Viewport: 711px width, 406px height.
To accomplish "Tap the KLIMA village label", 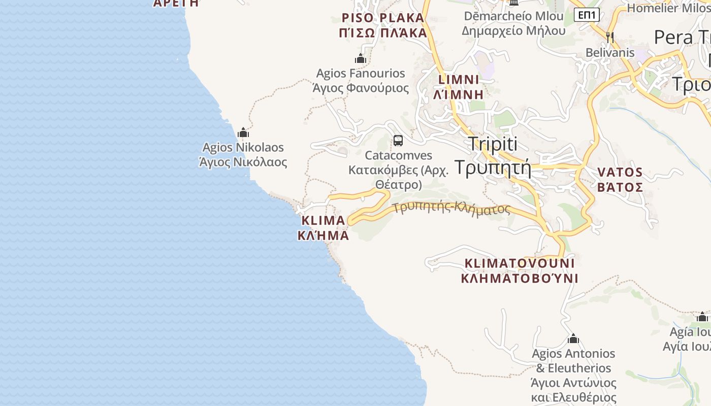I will pyautogui.click(x=324, y=228).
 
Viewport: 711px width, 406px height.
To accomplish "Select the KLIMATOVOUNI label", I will pyautogui.click(x=520, y=270).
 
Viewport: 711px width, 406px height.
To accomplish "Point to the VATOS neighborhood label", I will pyautogui.click(x=620, y=180).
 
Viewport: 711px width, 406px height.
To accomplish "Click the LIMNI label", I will pyautogui.click(x=459, y=87).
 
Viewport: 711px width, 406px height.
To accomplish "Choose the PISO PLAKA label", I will pyautogui.click(x=383, y=25).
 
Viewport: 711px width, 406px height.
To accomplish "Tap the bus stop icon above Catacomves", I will pyautogui.click(x=398, y=141).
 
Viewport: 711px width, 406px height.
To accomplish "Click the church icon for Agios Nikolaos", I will pyautogui.click(x=243, y=133).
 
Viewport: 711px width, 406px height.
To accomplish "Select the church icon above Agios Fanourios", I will pyautogui.click(x=361, y=59).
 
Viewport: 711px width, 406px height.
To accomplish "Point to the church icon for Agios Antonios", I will pyautogui.click(x=573, y=339).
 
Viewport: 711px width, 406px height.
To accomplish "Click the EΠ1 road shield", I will pyautogui.click(x=587, y=15).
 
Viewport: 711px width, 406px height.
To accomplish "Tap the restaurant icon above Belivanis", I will pyautogui.click(x=610, y=37).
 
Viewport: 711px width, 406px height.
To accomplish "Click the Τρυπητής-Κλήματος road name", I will pyautogui.click(x=451, y=208).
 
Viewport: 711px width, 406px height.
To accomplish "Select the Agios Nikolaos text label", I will pyautogui.click(x=243, y=155).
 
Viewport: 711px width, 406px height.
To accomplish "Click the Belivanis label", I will pyautogui.click(x=610, y=53).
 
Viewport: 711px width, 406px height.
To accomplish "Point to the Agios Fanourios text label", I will pyautogui.click(x=361, y=81).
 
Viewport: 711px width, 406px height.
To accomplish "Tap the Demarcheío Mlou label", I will pyautogui.click(x=513, y=23).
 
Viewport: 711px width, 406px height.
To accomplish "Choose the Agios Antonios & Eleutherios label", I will pyautogui.click(x=573, y=375).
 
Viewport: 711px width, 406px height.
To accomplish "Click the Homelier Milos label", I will pyautogui.click(x=668, y=8).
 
